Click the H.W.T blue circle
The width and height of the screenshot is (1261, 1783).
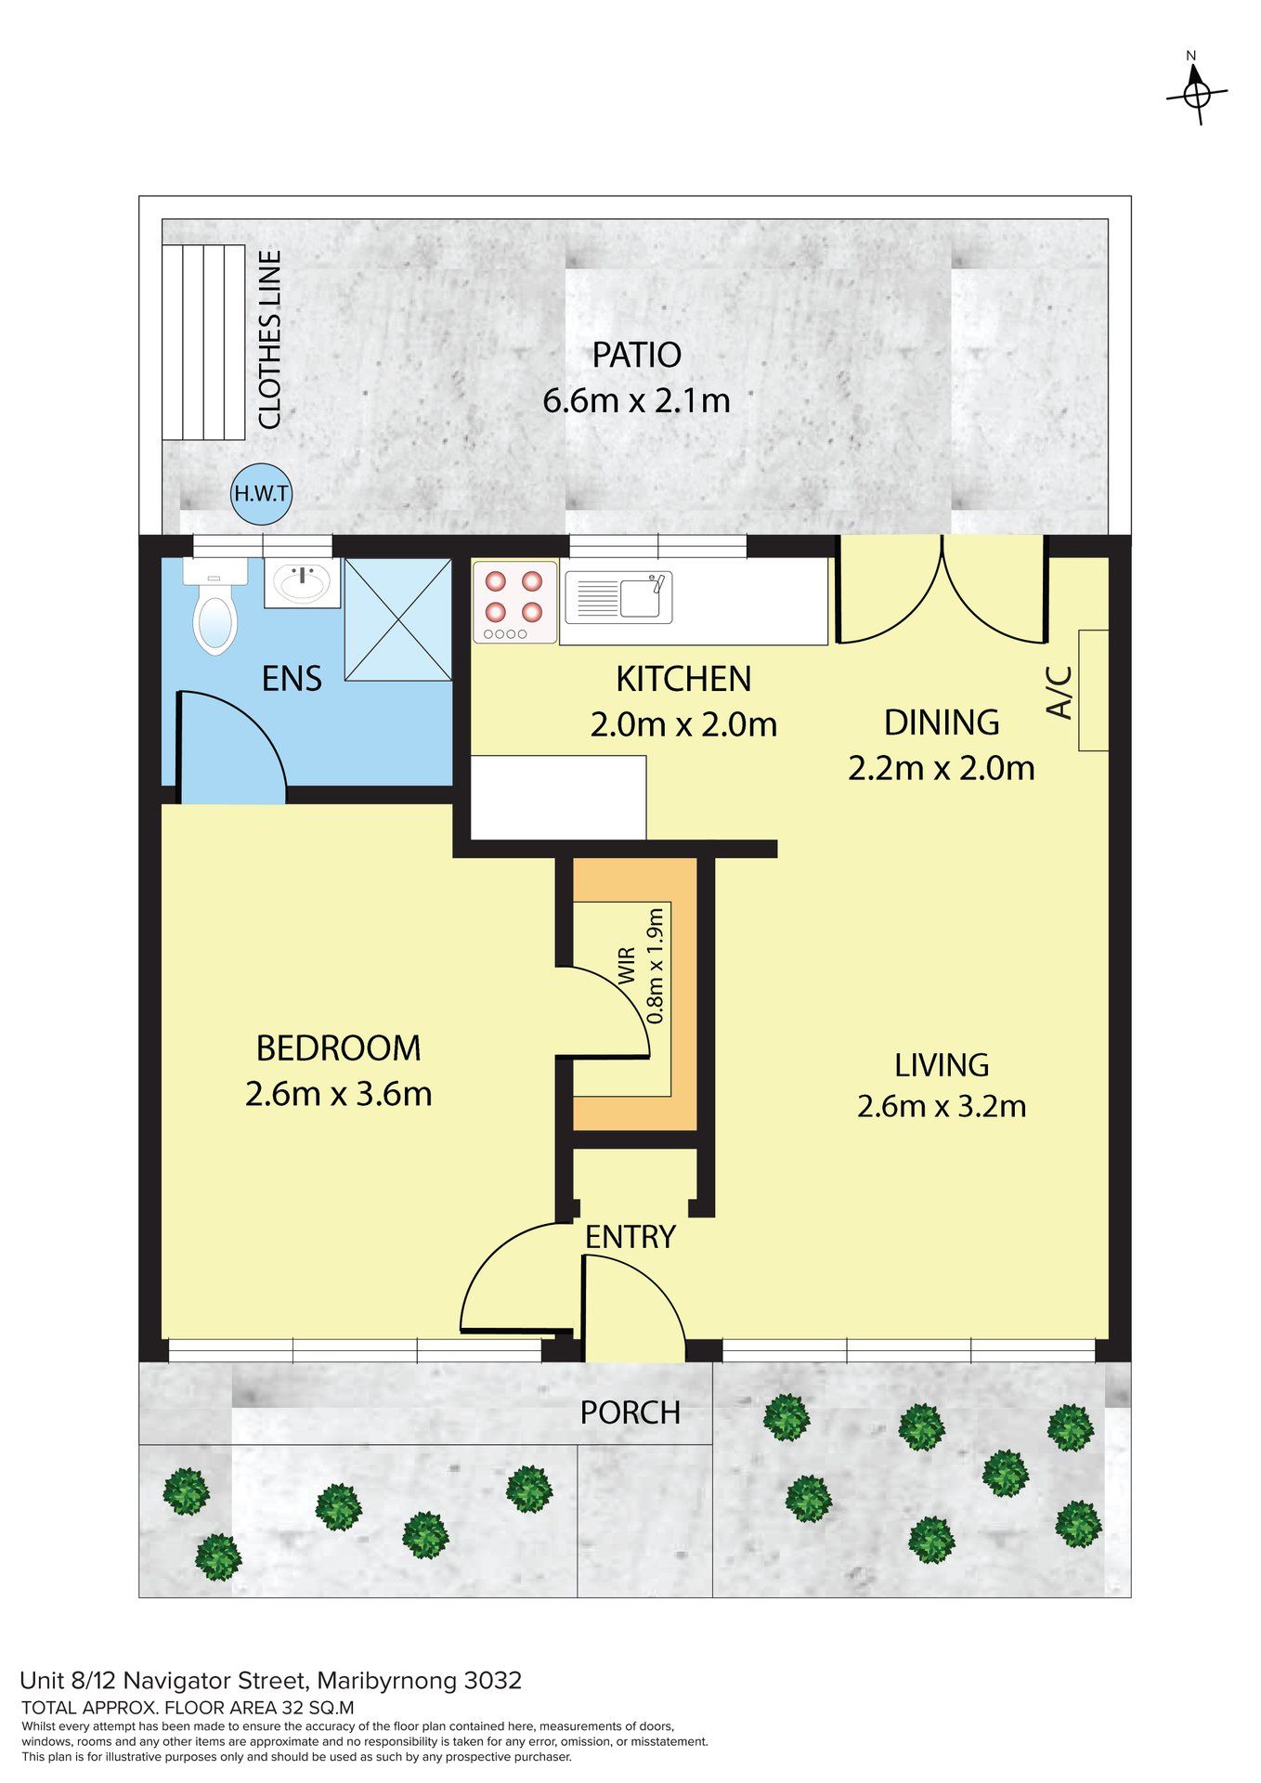tap(261, 493)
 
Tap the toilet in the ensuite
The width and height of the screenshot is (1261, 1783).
tap(214, 605)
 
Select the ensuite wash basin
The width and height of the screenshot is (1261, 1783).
tap(303, 582)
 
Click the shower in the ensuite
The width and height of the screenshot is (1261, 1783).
tap(398, 618)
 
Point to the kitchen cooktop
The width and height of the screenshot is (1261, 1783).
tap(514, 602)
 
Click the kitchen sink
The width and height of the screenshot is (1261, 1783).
tap(617, 597)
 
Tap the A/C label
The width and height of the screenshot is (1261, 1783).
tap(1059, 692)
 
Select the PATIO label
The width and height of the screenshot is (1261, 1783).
tap(637, 355)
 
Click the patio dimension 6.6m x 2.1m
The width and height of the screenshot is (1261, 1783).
tap(636, 400)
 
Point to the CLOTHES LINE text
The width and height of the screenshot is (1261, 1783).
tap(269, 340)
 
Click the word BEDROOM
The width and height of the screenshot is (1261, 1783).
tap(339, 1048)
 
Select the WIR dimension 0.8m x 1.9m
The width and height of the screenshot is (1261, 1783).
tap(656, 965)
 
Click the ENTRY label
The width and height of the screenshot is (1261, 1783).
tap(630, 1237)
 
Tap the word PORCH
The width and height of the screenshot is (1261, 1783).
tap(630, 1412)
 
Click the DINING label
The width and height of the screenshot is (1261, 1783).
tap(942, 722)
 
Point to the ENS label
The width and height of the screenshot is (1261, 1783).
tap(292, 679)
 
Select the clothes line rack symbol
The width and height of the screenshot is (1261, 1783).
tap(203, 342)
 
